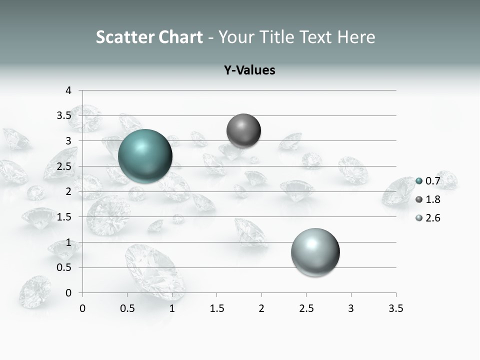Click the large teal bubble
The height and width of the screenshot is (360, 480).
point(145,155)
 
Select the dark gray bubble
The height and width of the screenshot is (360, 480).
point(243,131)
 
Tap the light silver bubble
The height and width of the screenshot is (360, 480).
point(315,252)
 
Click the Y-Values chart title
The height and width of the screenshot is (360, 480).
point(249,70)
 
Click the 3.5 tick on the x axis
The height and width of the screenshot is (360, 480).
point(395,308)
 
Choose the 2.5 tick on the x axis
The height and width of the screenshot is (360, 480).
point(306,308)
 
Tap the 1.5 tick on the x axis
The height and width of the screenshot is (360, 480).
point(216,308)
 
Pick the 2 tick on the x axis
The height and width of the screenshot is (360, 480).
point(261,308)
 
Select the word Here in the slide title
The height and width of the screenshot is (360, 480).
point(356,37)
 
